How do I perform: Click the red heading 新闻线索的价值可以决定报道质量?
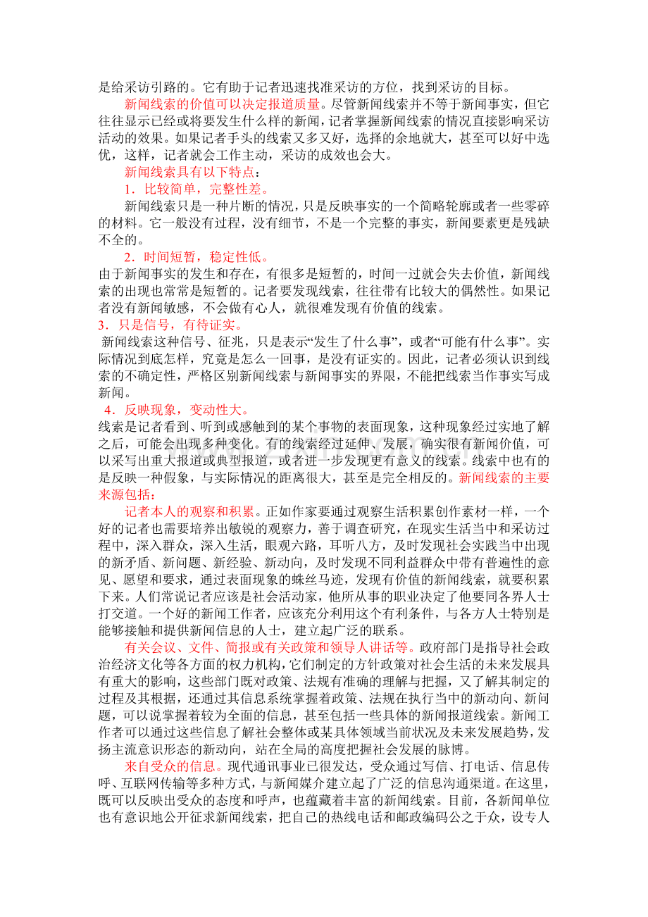pos(221,104)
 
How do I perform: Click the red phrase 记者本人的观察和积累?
pos(190,511)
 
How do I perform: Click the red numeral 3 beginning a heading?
pos(101,325)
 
